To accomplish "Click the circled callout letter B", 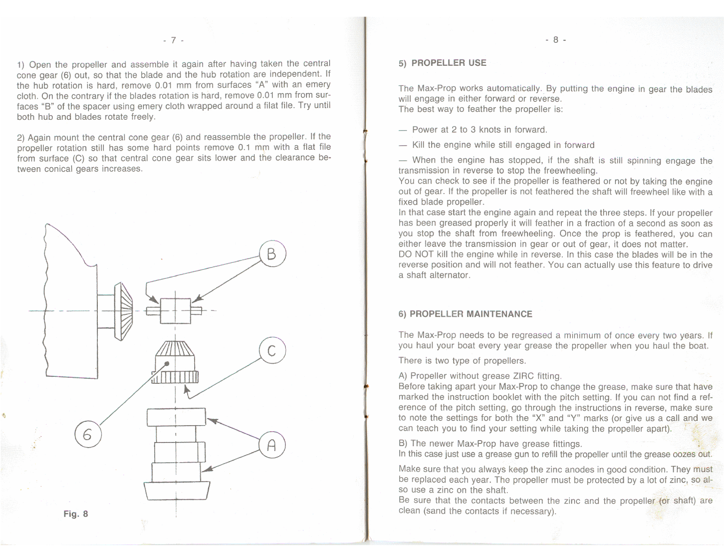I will click(272, 254).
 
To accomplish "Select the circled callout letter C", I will click(272, 351).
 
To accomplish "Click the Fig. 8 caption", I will click(76, 513).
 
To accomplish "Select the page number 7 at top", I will click(173, 40).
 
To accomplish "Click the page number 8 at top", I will click(556, 40).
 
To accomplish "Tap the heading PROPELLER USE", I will click(449, 63).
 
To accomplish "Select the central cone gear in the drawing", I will click(175, 362).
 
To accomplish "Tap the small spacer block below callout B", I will click(175, 311).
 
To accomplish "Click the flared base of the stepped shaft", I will click(177, 491).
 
